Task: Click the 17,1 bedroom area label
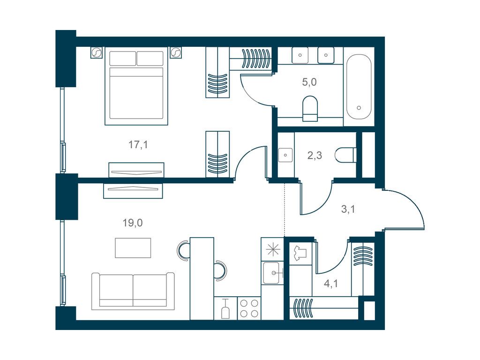(138, 144)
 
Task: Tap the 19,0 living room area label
(133, 223)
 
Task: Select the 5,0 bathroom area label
(309, 82)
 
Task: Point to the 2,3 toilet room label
(315, 156)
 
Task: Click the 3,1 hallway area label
(348, 209)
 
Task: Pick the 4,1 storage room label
(331, 284)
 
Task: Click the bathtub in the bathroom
(359, 87)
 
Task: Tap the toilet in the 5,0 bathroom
(310, 109)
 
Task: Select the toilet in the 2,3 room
(345, 155)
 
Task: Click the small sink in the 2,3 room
(285, 155)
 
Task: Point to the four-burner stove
(249, 308)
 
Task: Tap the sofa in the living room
(133, 291)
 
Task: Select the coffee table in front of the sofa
(133, 248)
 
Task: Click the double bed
(136, 86)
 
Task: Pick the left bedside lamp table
(96, 52)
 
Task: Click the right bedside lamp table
(176, 52)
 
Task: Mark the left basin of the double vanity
(300, 55)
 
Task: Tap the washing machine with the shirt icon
(300, 254)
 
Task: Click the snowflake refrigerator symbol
(272, 250)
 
